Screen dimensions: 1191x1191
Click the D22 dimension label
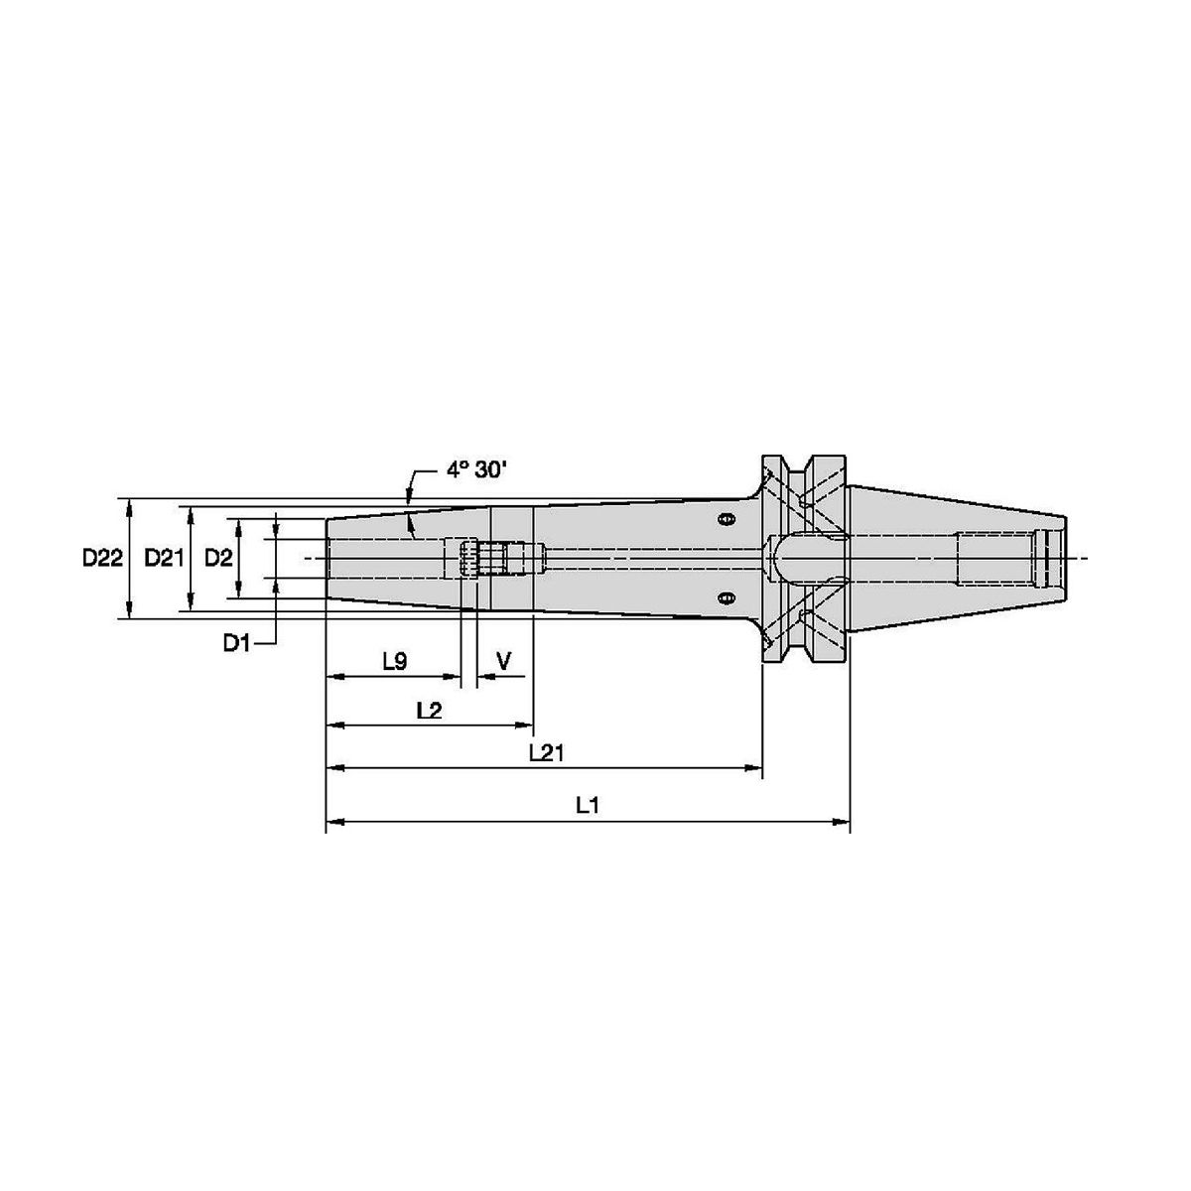[102, 558]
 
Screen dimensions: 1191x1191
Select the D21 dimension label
[165, 558]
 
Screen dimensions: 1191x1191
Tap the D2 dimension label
[218, 558]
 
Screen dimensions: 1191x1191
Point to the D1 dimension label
[237, 643]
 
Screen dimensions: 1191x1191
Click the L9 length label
[395, 662]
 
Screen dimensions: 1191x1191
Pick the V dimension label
[504, 661]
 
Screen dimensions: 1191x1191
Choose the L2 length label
[429, 711]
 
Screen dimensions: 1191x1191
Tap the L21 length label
[547, 752]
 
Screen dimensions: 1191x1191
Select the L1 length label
[588, 805]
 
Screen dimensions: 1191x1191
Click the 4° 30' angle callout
[476, 470]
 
